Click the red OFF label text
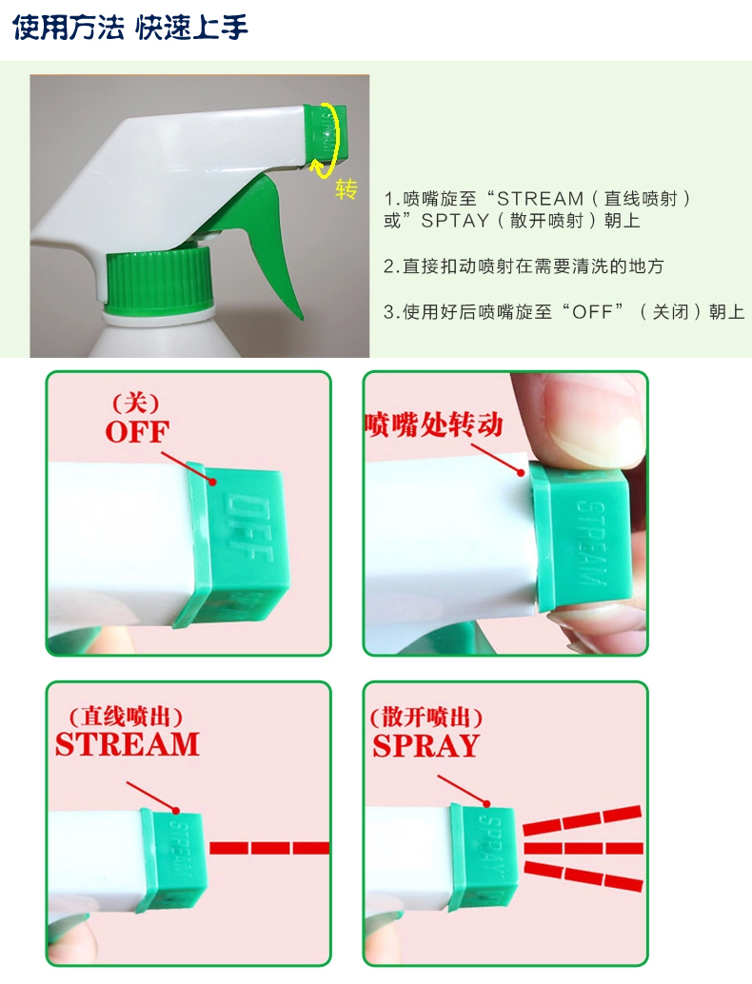pos(137,432)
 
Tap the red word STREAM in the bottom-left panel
pos(128,744)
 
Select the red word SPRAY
pos(426,746)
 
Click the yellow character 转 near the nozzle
pos(346,188)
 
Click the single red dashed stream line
pos(269,848)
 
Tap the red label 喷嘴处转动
pos(434,424)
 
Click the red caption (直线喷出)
pos(126,716)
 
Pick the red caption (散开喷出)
pos(426,717)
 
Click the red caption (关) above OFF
pos(135,403)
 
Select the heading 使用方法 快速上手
pos(130,27)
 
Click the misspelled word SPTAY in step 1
pos(455,221)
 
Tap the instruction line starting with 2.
pos(524,266)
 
